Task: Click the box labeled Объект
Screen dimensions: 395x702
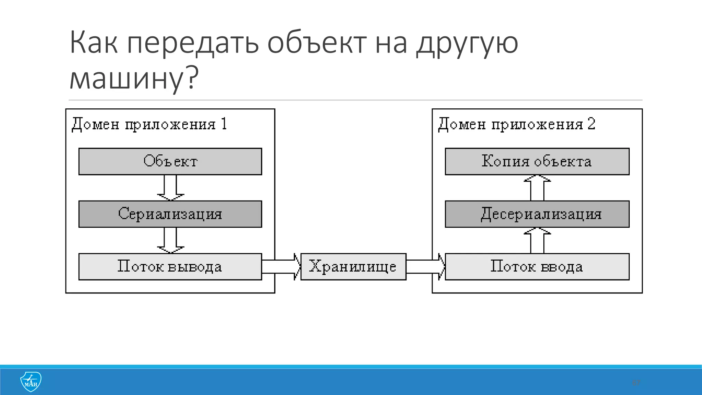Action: coord(170,161)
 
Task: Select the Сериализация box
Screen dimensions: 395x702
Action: coord(170,214)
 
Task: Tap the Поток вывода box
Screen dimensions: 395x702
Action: coord(170,267)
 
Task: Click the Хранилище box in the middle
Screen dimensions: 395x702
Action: coord(353,267)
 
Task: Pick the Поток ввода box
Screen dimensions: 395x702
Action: coord(537,267)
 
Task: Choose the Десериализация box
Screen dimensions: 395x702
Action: coord(537,214)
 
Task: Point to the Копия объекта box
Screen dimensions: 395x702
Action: coord(537,161)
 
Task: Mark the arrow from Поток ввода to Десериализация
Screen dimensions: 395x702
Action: coord(537,241)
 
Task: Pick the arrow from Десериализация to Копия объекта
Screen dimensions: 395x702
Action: coord(537,188)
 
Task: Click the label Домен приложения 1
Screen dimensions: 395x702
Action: coord(149,124)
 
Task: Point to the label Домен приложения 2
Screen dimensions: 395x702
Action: coord(517,124)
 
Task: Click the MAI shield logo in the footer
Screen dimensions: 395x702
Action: coord(31,382)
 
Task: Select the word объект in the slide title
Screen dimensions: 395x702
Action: coord(317,44)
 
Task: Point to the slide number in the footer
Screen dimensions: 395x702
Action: coord(636,383)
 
